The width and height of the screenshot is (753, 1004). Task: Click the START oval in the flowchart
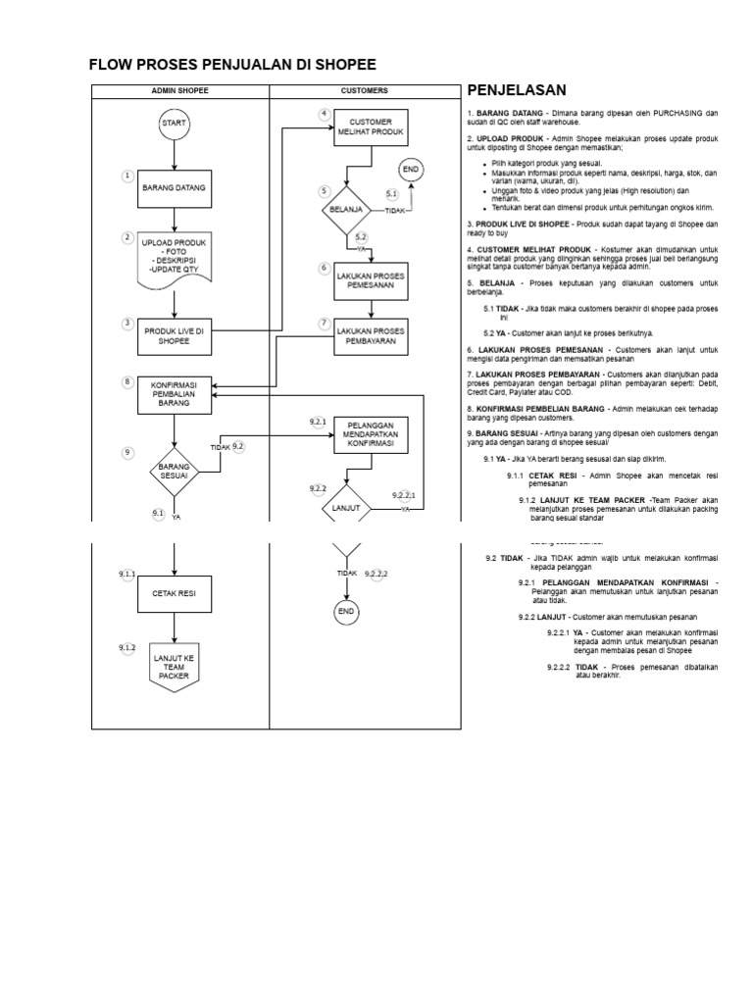(x=174, y=124)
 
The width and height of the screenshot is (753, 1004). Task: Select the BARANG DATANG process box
(x=175, y=187)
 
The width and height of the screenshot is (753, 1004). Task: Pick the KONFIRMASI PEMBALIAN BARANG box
(x=175, y=397)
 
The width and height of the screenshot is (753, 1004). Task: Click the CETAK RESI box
(x=175, y=593)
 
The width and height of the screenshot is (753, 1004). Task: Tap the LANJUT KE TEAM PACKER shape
(x=175, y=666)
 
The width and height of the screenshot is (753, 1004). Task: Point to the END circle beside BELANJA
(x=411, y=170)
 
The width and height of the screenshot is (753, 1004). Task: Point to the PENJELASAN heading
(x=517, y=90)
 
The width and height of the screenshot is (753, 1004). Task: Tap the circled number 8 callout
(x=126, y=381)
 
